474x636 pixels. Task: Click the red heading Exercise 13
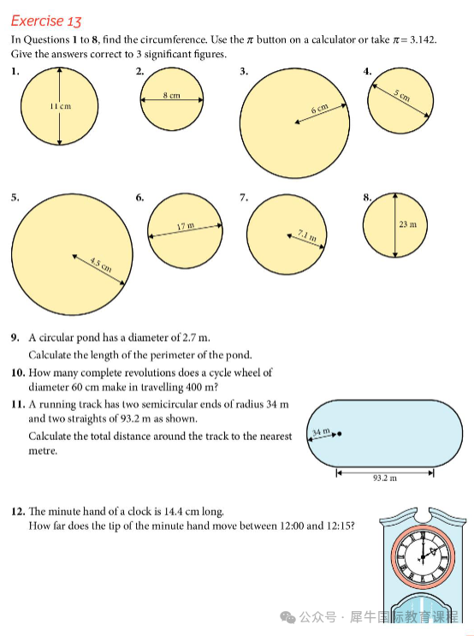click(46, 21)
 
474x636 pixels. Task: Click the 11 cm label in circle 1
click(61, 106)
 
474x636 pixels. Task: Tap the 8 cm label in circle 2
click(171, 95)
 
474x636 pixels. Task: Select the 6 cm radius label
click(319, 109)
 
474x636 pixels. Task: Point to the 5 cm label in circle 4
click(402, 95)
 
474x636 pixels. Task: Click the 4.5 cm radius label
click(101, 265)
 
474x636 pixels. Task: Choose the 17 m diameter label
click(186, 225)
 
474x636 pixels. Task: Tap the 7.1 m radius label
click(307, 235)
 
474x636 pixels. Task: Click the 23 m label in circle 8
click(407, 224)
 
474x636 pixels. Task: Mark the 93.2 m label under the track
click(385, 478)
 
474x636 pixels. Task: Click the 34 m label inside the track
click(321, 431)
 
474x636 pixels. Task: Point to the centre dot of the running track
click(340, 434)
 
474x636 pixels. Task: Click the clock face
click(423, 556)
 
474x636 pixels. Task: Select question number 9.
click(15, 337)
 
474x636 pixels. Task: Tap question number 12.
click(18, 511)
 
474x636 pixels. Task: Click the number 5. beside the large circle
click(15, 198)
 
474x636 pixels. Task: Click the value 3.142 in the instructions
click(423, 39)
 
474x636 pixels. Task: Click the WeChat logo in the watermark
click(287, 617)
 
